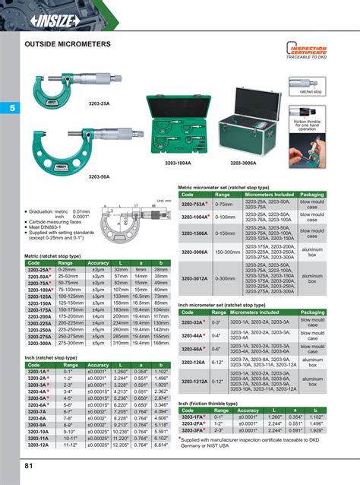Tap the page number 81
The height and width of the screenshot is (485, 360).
click(29, 465)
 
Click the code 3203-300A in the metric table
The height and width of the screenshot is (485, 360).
click(39, 343)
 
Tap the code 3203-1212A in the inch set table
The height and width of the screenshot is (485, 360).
click(194, 381)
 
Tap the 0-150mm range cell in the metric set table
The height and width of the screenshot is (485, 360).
click(224, 234)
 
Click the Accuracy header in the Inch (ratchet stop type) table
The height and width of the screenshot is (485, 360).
click(97, 365)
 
